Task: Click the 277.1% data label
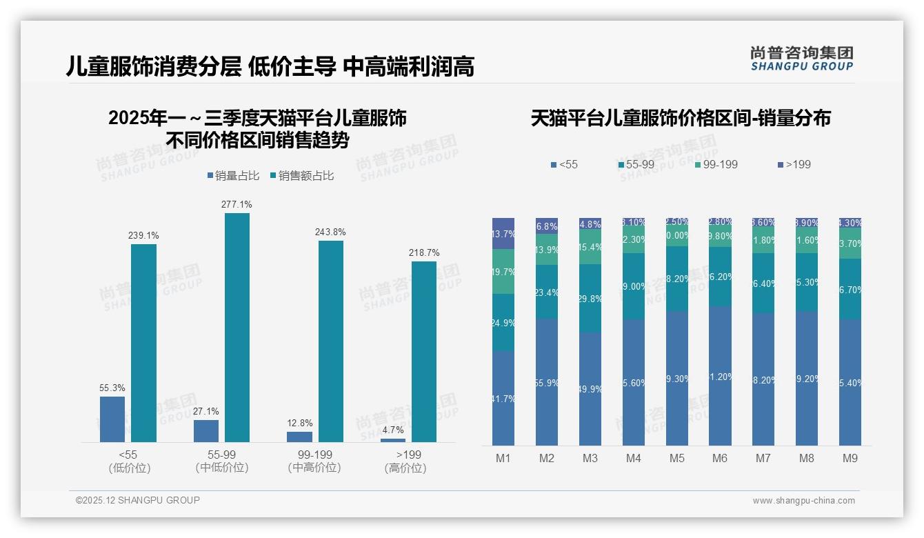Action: pos(237,204)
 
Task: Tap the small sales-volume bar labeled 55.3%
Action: pos(112,419)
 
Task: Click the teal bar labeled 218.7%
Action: pos(424,351)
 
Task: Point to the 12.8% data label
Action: pos(299,423)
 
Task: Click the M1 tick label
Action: pos(503,458)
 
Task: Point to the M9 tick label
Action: pos(850,458)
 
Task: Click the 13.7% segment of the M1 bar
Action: pos(503,234)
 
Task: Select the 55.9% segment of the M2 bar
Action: pos(547,381)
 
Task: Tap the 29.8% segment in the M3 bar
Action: pos(590,299)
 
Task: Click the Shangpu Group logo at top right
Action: pos(801,59)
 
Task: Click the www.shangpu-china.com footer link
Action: pos(803,501)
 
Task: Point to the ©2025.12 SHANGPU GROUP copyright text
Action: pos(138,500)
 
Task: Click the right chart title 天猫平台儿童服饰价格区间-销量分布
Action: pos(680,118)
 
